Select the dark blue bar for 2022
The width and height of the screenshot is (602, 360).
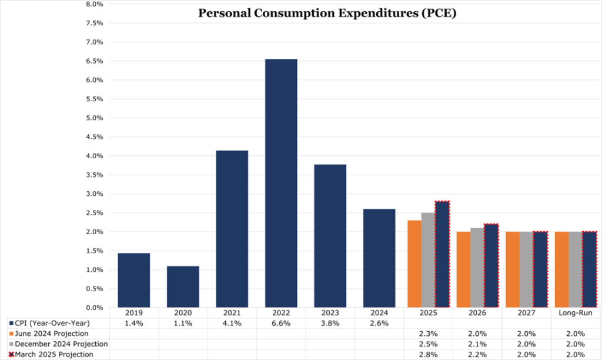click(x=281, y=183)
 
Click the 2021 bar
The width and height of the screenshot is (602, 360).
click(x=232, y=229)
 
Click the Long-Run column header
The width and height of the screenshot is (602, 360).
click(x=576, y=313)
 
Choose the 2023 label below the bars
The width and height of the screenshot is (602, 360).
click(x=330, y=313)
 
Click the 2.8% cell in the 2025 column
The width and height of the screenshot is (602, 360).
click(x=429, y=354)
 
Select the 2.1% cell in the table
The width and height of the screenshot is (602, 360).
click(x=477, y=344)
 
